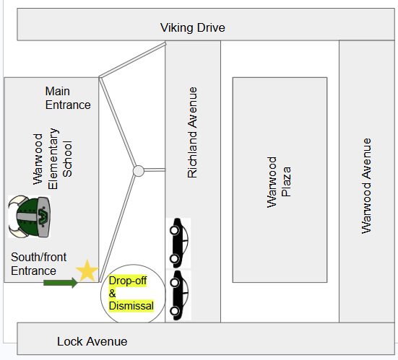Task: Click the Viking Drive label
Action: click(193, 27)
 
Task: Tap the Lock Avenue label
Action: click(92, 341)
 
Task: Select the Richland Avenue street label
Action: click(192, 132)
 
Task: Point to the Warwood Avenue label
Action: click(366, 186)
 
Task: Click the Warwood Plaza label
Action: click(279, 183)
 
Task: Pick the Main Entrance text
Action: click(68, 98)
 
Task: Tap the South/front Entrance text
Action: click(38, 264)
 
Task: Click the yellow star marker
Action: click(87, 271)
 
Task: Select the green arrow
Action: click(61, 283)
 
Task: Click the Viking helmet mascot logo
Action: click(29, 216)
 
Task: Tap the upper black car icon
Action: click(178, 243)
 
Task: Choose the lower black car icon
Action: click(178, 295)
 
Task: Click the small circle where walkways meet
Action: click(139, 171)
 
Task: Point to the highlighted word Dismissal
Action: click(131, 306)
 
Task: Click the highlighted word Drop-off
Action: click(128, 281)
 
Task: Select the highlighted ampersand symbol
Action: click(112, 294)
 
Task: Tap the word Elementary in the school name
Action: click(53, 159)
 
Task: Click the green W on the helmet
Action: click(43, 216)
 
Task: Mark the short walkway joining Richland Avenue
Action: click(155, 170)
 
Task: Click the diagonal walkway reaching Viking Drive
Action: click(132, 60)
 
